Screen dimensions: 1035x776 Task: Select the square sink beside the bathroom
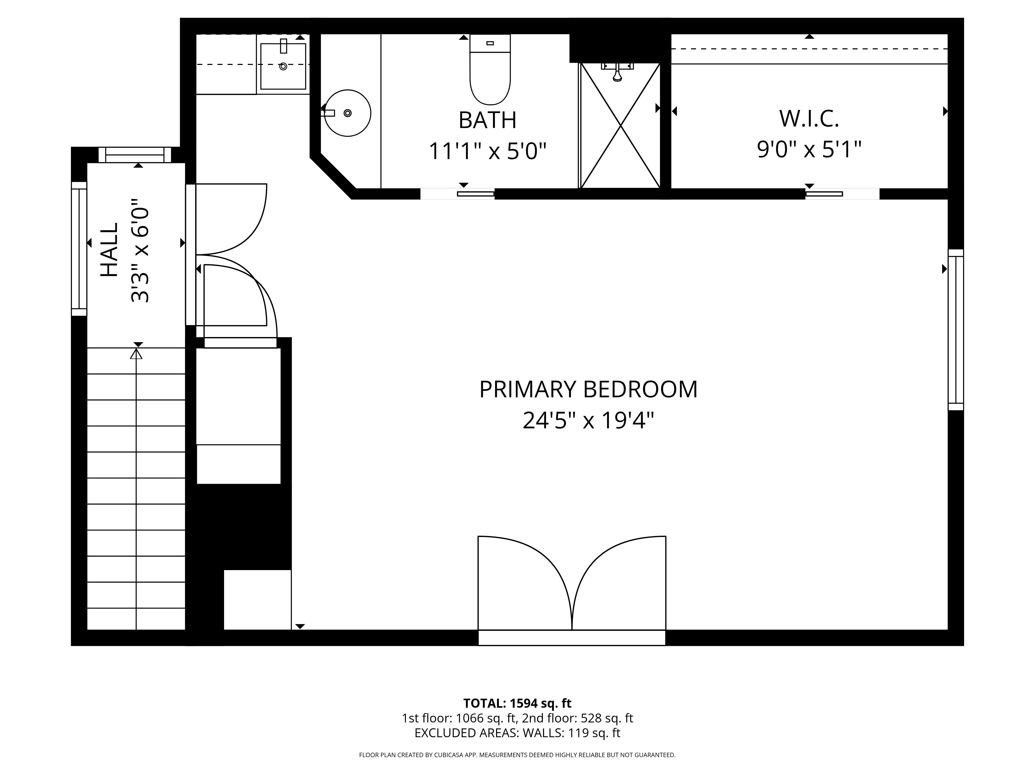click(283, 66)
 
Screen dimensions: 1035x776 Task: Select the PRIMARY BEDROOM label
click(588, 389)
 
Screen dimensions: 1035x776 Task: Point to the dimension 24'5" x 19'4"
click(588, 420)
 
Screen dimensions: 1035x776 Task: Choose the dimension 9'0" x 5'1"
click(809, 150)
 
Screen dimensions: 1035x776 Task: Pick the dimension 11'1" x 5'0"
click(487, 151)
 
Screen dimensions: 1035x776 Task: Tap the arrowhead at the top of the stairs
click(136, 354)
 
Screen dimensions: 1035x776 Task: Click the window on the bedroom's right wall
click(956, 330)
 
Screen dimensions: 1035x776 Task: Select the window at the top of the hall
click(135, 155)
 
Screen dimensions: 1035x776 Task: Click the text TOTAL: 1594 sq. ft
click(517, 703)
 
